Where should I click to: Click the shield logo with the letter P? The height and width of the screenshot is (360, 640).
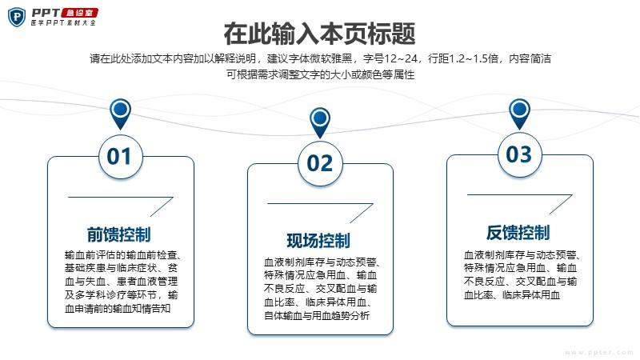[x=17, y=17]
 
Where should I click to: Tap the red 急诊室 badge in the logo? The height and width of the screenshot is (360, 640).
[x=79, y=13]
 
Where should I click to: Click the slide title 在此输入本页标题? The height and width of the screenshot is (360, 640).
[x=319, y=34]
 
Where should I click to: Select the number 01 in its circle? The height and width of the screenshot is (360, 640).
[x=118, y=157]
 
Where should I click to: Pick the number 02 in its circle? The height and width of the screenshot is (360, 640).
[x=320, y=164]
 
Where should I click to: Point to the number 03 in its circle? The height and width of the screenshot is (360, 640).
[x=518, y=154]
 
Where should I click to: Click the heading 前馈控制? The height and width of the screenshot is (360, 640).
[x=118, y=234]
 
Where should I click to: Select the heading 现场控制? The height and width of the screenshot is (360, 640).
[x=318, y=241]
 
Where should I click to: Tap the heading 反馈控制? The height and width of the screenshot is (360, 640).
[x=518, y=233]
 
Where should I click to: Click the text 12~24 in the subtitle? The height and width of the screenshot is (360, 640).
[x=400, y=58]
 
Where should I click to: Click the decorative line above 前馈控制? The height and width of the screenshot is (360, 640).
[x=121, y=198]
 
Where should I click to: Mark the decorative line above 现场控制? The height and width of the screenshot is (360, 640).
[x=321, y=204]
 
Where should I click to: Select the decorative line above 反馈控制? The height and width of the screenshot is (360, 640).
[x=520, y=195]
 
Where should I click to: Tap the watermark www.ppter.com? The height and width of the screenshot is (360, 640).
[x=599, y=352]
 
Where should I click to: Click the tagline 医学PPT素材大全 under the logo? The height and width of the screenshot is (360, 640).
[x=63, y=23]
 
